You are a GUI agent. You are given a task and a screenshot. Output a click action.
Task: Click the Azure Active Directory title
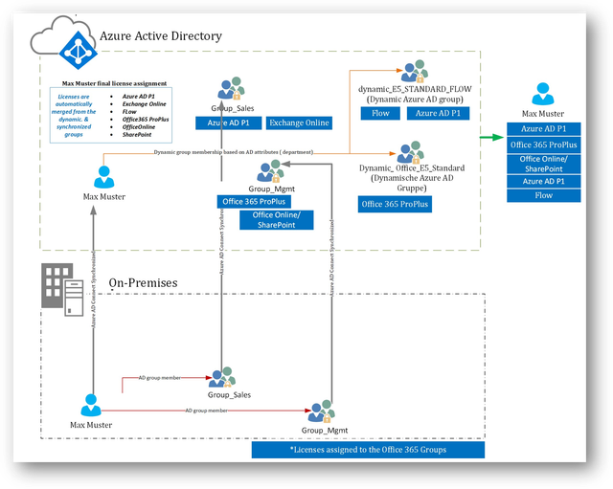click(x=161, y=36)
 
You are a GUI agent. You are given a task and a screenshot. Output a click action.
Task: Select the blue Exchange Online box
click(x=298, y=122)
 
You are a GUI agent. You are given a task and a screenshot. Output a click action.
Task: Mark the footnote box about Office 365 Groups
click(x=368, y=449)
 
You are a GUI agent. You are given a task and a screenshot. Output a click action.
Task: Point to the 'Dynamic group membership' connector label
click(x=234, y=152)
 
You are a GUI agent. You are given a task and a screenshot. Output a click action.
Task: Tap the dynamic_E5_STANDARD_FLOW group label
click(x=415, y=89)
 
